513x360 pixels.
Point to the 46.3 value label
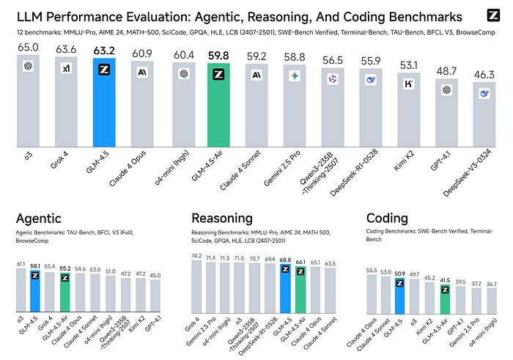click(485, 74)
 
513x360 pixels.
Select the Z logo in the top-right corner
click(493, 15)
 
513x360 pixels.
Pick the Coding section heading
click(388, 218)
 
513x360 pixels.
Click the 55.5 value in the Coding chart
click(372, 271)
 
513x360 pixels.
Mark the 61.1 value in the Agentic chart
click(21, 263)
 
